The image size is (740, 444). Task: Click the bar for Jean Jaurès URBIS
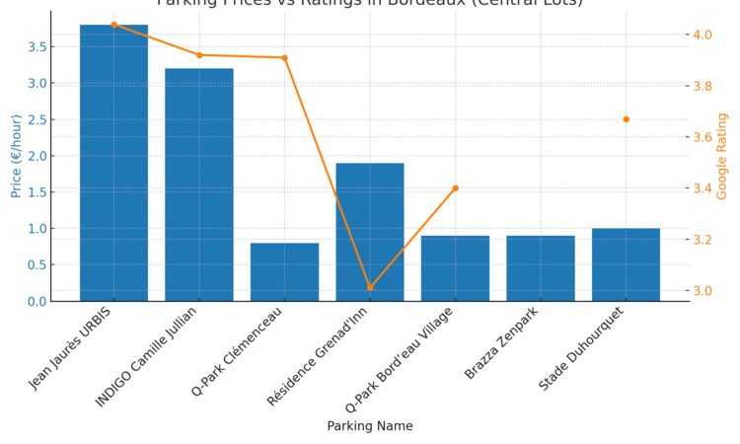click(113, 163)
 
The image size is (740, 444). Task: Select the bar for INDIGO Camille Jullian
click(199, 185)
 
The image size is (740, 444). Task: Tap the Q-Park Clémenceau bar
click(284, 271)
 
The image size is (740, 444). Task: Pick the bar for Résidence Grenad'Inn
click(370, 232)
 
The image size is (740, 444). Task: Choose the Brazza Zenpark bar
click(541, 268)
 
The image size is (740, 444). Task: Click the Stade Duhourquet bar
click(626, 264)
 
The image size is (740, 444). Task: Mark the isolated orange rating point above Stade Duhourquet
click(626, 119)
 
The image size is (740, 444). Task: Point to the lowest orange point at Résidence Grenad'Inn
click(370, 288)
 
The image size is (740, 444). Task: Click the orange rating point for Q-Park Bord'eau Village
click(455, 188)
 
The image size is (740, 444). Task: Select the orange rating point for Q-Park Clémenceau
click(284, 58)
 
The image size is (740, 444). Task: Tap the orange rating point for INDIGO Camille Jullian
click(199, 55)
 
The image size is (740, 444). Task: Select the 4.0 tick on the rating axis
click(703, 35)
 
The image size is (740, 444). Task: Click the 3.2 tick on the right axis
click(703, 240)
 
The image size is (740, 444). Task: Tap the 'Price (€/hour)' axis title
click(17, 156)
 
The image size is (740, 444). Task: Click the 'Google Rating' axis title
click(722, 156)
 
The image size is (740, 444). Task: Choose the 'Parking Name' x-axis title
click(370, 426)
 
